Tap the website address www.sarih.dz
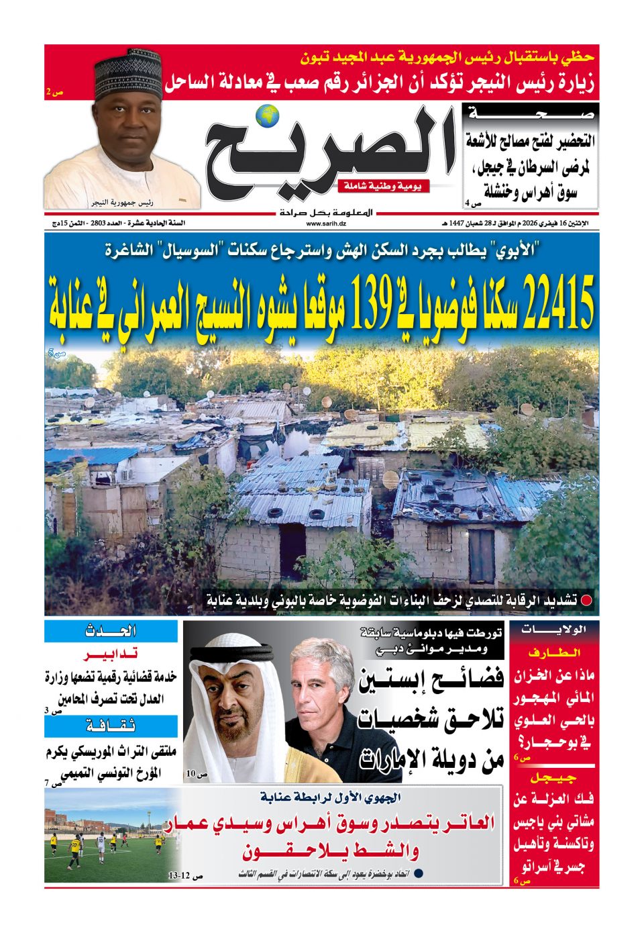(326, 224)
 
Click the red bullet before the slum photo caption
(586, 599)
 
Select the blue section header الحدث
(111, 631)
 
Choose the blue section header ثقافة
(111, 726)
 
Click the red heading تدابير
(111, 655)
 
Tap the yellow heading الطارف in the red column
(554, 653)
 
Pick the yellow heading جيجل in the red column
(554, 777)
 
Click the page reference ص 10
(197, 774)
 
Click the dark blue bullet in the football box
(418, 873)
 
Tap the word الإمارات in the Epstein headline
(396, 760)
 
